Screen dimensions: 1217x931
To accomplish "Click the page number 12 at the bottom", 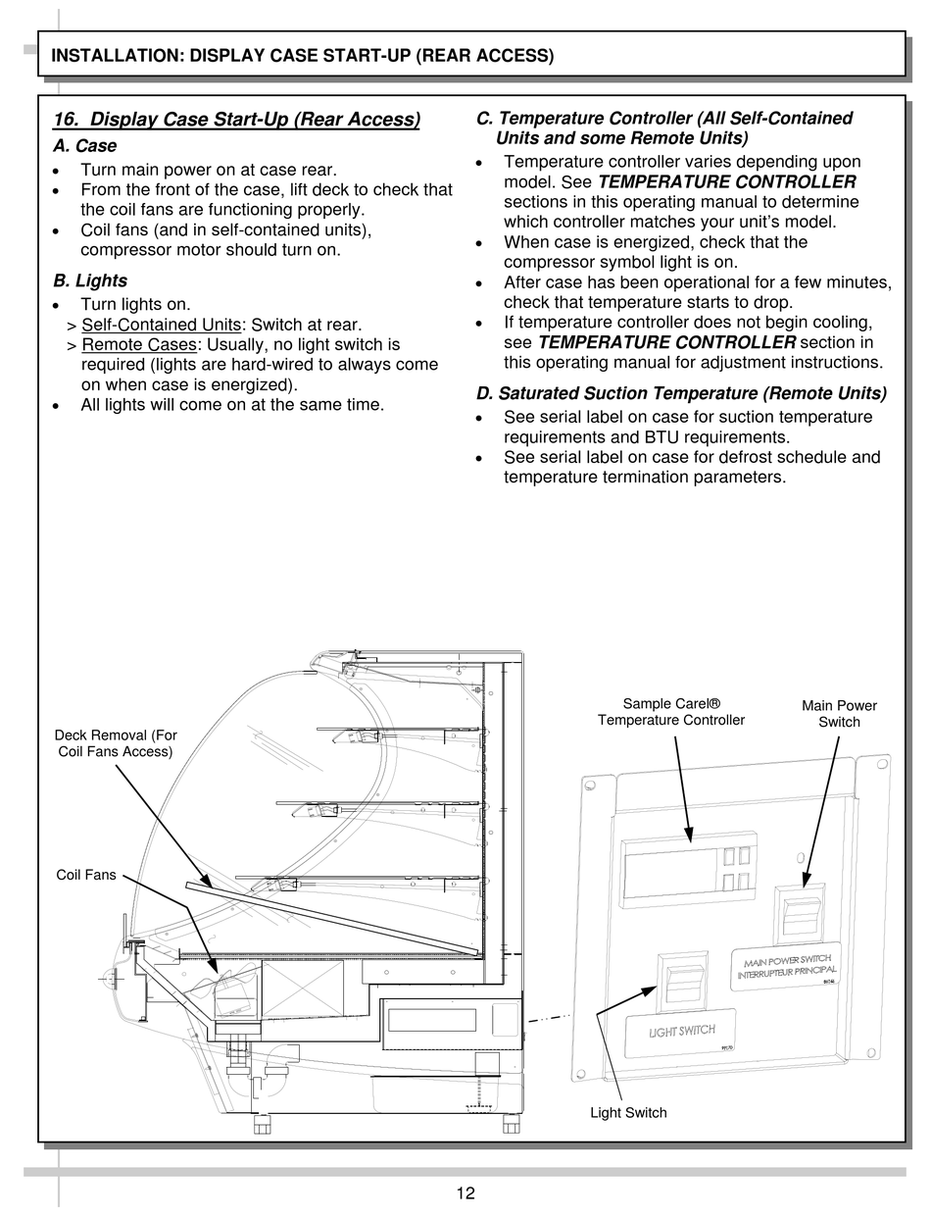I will coord(465,1192).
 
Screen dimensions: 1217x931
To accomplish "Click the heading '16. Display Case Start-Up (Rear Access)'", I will coord(236,120).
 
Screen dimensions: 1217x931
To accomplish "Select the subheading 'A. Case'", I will coord(84,146).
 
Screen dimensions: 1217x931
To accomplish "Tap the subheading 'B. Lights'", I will coord(90,281).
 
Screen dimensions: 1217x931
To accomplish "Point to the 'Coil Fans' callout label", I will coord(86,875).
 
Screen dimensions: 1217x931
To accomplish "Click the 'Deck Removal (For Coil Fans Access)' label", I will coord(116,743).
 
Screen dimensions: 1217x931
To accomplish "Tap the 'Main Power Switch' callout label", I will coord(839,713).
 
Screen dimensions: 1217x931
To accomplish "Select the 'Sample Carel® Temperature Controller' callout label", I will coord(671,712).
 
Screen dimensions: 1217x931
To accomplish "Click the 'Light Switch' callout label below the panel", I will coord(628,1112).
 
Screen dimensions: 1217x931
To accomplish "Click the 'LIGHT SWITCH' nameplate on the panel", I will coord(680,1033).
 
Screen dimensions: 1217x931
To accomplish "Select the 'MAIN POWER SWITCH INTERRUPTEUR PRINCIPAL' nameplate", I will coord(787,967).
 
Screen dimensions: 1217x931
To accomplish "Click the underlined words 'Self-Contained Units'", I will coord(162,325).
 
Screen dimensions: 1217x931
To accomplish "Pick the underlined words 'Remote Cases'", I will coord(139,344).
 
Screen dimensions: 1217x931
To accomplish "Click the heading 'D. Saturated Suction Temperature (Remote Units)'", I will coord(681,393).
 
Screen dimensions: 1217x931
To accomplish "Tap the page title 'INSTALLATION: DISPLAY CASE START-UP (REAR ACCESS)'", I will coord(302,56).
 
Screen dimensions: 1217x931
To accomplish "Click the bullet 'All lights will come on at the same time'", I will coord(232,404).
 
